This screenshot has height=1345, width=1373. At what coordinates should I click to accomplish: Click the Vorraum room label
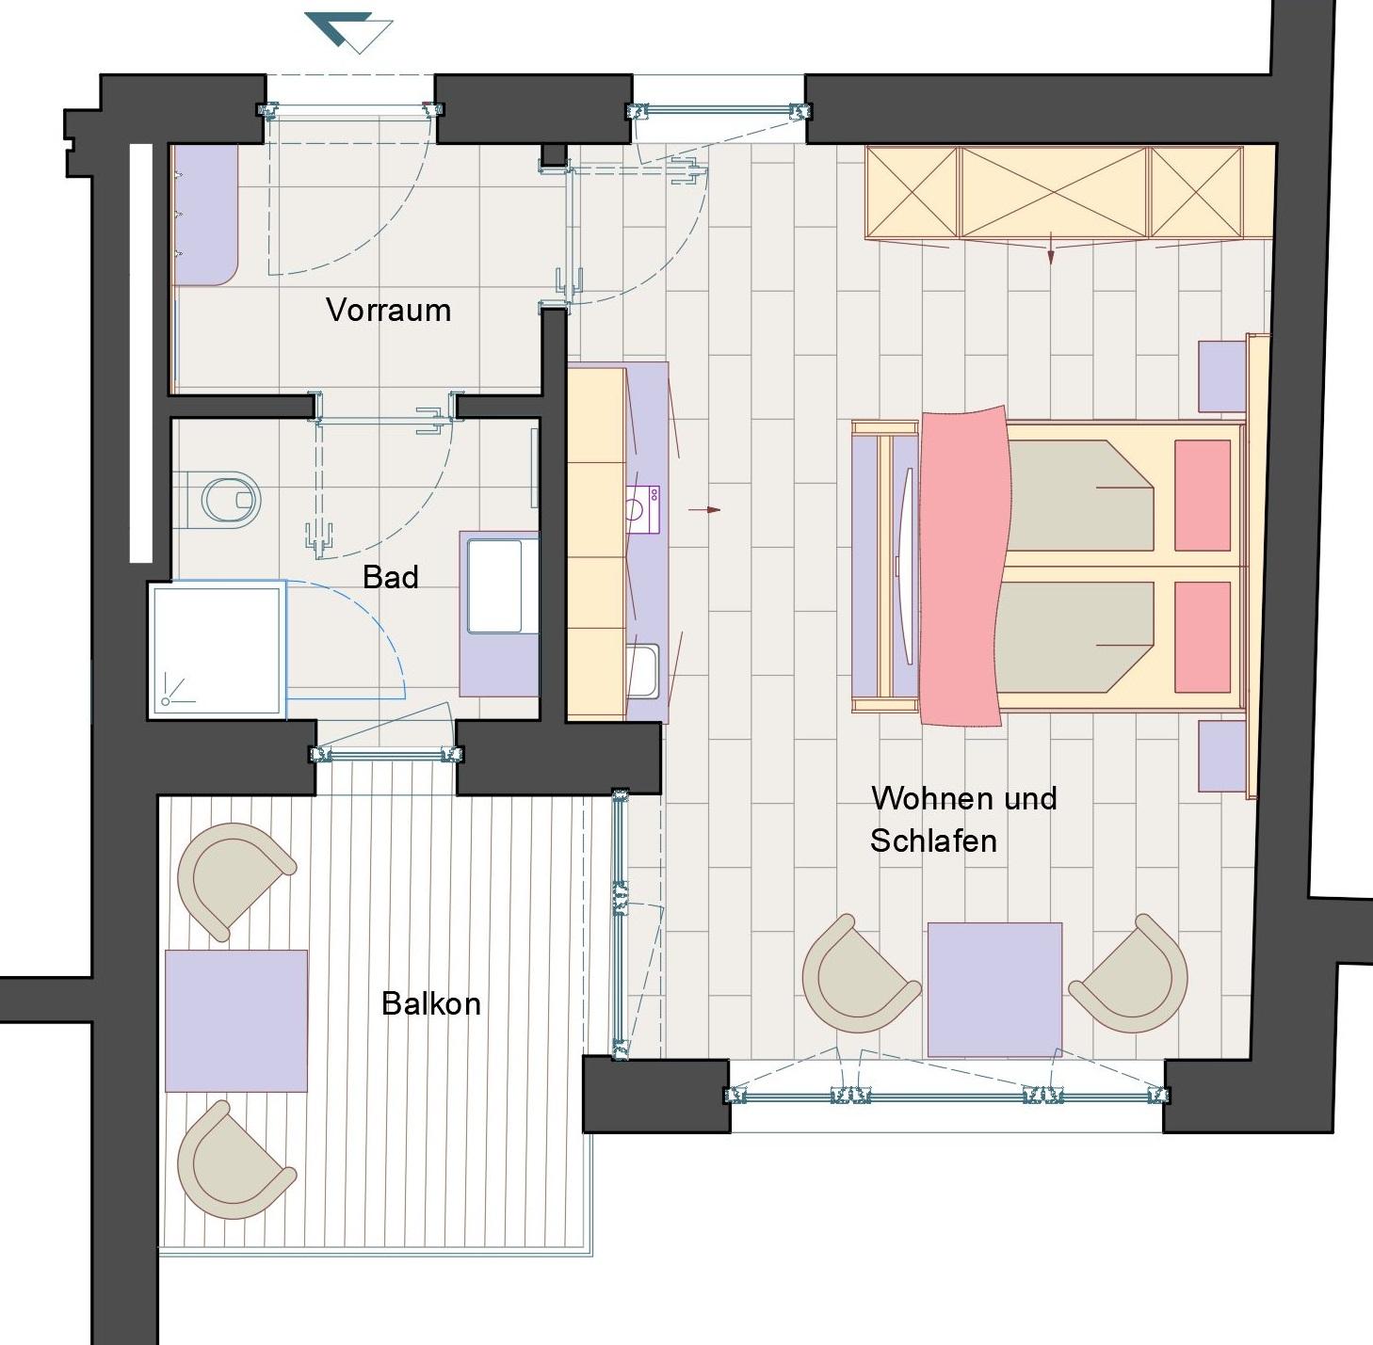click(388, 311)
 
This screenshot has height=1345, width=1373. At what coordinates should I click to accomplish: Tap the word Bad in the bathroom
click(390, 577)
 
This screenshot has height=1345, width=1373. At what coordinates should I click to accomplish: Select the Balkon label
click(431, 1003)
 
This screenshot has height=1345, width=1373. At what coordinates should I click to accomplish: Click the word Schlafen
click(933, 841)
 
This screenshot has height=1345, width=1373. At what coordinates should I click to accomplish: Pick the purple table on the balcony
click(236, 1020)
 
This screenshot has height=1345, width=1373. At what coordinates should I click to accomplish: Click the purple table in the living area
click(994, 989)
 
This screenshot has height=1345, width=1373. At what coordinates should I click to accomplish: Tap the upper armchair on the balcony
click(232, 880)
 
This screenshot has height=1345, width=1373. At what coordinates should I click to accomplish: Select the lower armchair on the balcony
click(232, 1159)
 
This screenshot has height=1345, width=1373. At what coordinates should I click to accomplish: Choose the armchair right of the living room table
click(1132, 976)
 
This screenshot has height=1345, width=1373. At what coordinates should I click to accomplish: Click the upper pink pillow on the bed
click(1203, 495)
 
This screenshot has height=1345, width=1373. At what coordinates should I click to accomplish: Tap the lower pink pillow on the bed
click(1203, 637)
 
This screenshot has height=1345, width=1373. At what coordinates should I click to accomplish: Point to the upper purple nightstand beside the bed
click(1222, 376)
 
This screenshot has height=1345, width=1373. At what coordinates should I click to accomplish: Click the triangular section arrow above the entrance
click(348, 32)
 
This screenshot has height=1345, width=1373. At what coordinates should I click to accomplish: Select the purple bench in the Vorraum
click(206, 215)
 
